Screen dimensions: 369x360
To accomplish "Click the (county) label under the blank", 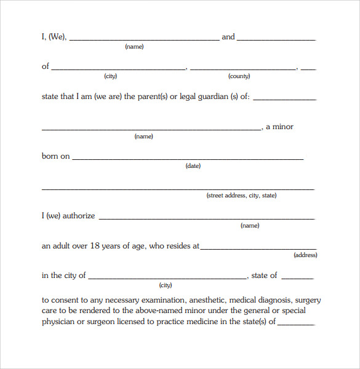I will point(239,76).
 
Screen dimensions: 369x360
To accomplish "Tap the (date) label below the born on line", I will point(193,166).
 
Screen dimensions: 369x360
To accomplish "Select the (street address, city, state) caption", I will point(241,196).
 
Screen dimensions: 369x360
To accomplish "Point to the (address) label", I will point(305,255).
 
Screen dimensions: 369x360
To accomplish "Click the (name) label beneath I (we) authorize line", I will point(250,226).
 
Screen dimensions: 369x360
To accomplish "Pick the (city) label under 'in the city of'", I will point(166,285).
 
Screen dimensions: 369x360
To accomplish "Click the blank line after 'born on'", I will point(188,158).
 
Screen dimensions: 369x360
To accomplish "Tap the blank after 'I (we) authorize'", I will point(207,218).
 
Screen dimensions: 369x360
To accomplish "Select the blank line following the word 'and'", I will point(276,39).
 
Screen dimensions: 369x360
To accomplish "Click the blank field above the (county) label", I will point(243,68).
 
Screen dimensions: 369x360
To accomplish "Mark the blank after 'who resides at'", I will point(258,248).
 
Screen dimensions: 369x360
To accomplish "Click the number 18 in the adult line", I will point(95,246).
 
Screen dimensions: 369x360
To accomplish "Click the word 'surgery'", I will point(308,301).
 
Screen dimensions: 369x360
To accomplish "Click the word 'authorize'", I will point(79,216).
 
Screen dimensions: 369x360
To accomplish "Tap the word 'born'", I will point(50,156).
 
